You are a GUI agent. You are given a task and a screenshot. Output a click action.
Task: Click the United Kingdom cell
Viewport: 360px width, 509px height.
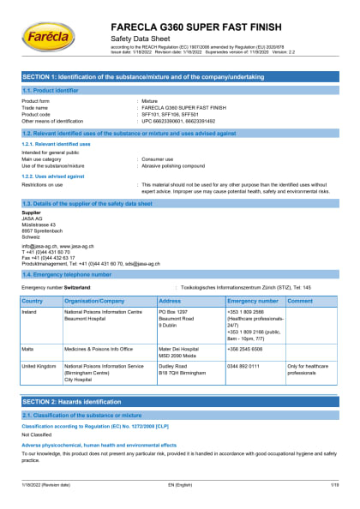tap(39, 366)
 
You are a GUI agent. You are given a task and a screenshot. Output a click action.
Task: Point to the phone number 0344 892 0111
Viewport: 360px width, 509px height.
tap(243, 366)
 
